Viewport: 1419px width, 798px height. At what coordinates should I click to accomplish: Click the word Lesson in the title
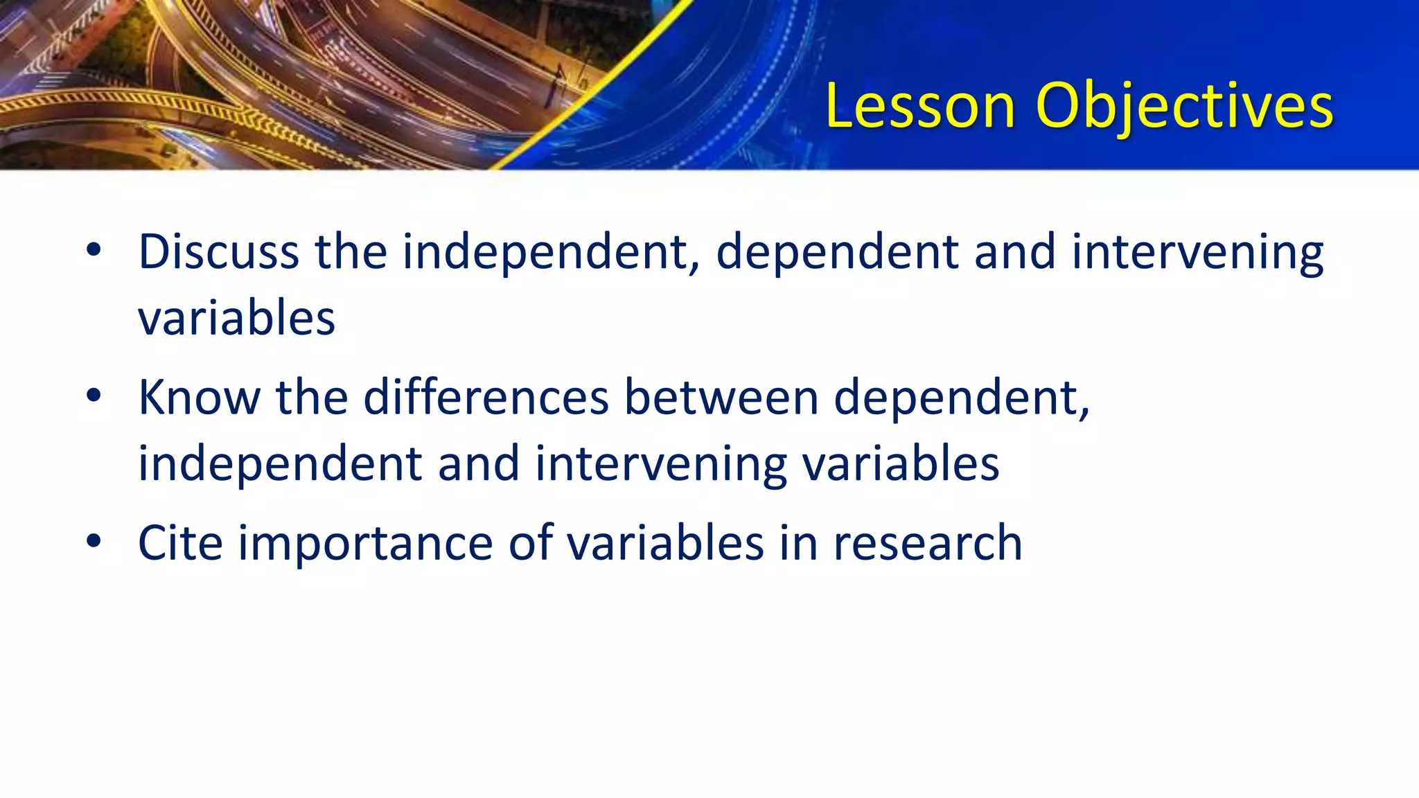tap(920, 106)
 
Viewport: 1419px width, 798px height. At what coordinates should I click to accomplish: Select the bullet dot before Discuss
tap(94, 250)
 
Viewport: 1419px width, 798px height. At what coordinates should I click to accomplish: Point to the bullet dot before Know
tap(94, 396)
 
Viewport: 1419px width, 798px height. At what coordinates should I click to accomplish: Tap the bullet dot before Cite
tap(94, 541)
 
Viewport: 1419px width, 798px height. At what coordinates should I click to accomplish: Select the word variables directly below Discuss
tap(237, 318)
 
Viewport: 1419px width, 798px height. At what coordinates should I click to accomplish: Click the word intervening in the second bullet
tap(661, 465)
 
